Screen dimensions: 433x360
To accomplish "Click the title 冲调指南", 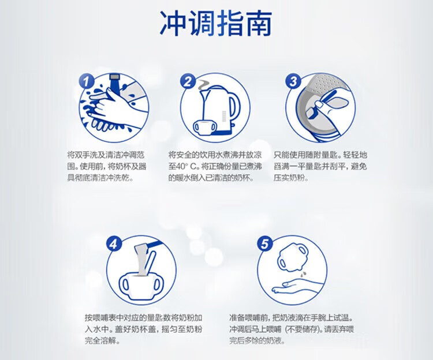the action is tap(216, 24).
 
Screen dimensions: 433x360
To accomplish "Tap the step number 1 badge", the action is tap(87, 81).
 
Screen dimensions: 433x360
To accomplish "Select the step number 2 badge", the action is tap(188, 82).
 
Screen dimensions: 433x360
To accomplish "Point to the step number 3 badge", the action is tap(293, 81).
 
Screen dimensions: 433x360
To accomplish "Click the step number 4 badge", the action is tap(114, 243).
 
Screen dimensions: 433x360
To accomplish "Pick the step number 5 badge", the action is tap(265, 243).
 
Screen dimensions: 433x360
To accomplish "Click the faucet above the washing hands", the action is tap(114, 81).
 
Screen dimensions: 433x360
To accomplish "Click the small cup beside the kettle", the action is tap(204, 127).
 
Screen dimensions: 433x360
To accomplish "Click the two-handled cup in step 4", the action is tap(141, 285).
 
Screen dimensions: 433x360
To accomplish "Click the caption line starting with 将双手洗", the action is tap(106, 155).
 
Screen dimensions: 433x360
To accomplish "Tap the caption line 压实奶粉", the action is tap(291, 178).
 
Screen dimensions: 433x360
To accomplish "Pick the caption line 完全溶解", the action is tap(102, 341).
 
